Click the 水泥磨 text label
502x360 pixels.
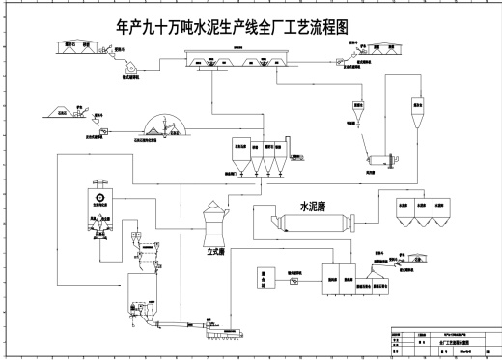[x=318, y=207]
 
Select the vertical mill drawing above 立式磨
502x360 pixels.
[x=212, y=221]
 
